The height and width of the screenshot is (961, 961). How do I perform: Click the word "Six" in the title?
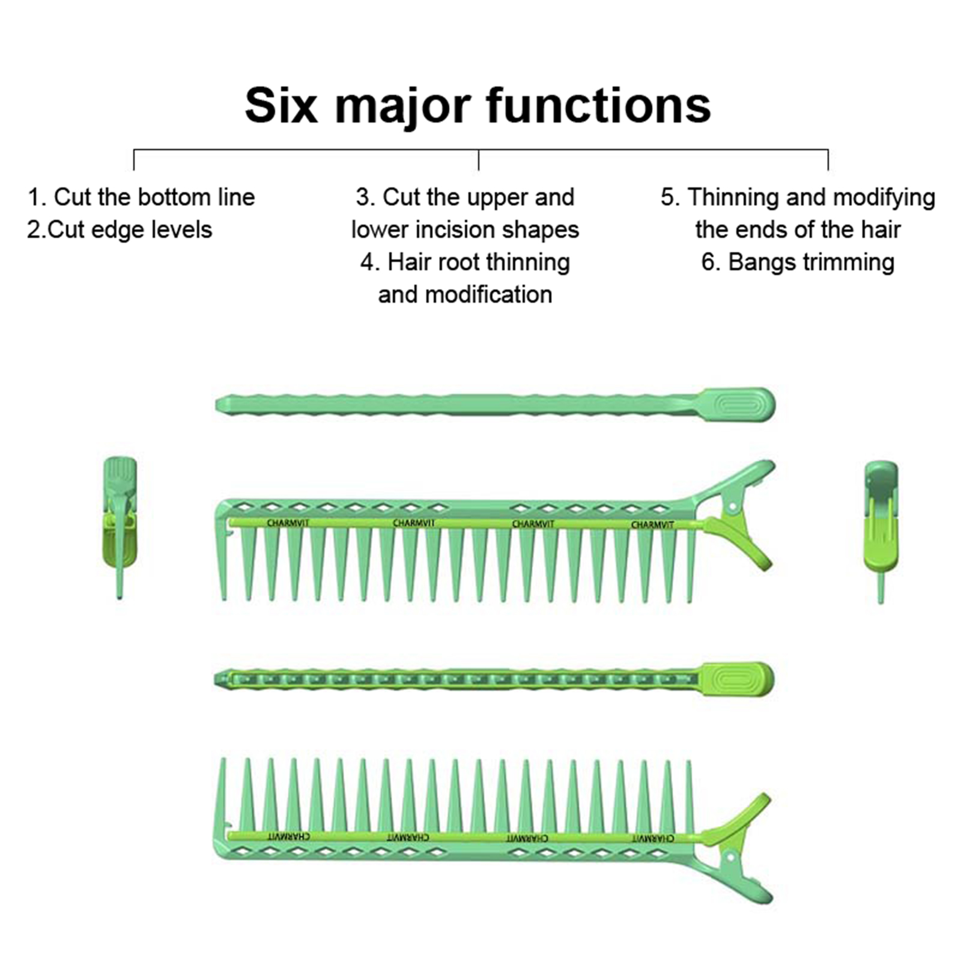click(281, 106)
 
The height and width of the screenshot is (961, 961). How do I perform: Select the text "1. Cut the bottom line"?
click(142, 197)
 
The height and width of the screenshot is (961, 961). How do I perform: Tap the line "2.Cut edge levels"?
click(120, 229)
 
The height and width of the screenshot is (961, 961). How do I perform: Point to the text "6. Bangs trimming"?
click(798, 262)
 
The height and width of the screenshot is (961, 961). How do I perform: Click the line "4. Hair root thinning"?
click(465, 262)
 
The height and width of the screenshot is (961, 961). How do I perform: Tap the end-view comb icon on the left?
click(120, 527)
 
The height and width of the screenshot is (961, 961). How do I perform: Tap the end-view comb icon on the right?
click(881, 532)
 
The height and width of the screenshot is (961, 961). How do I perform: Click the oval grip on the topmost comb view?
click(739, 404)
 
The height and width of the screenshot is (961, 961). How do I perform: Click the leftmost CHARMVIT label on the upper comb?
click(288, 523)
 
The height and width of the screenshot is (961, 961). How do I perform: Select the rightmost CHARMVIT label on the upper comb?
click(652, 525)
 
